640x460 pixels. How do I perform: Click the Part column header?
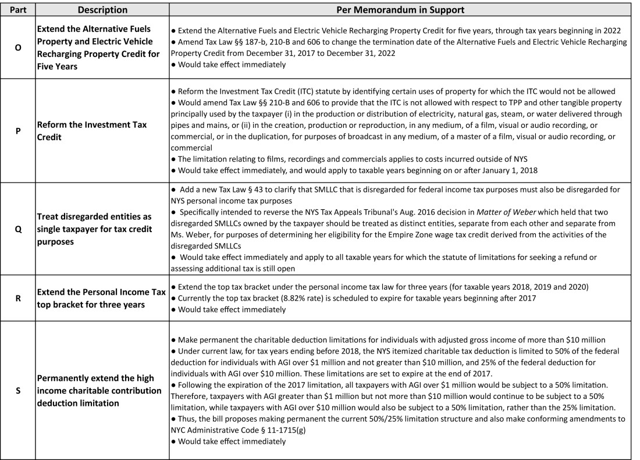pos(18,10)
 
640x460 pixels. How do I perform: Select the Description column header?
pos(102,10)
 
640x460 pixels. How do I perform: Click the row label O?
pos(18,47)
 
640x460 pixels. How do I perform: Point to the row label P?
pos(18,131)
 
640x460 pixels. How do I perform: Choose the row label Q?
pos(18,229)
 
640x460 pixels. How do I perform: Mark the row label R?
pos(18,297)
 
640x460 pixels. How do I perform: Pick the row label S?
pos(18,390)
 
